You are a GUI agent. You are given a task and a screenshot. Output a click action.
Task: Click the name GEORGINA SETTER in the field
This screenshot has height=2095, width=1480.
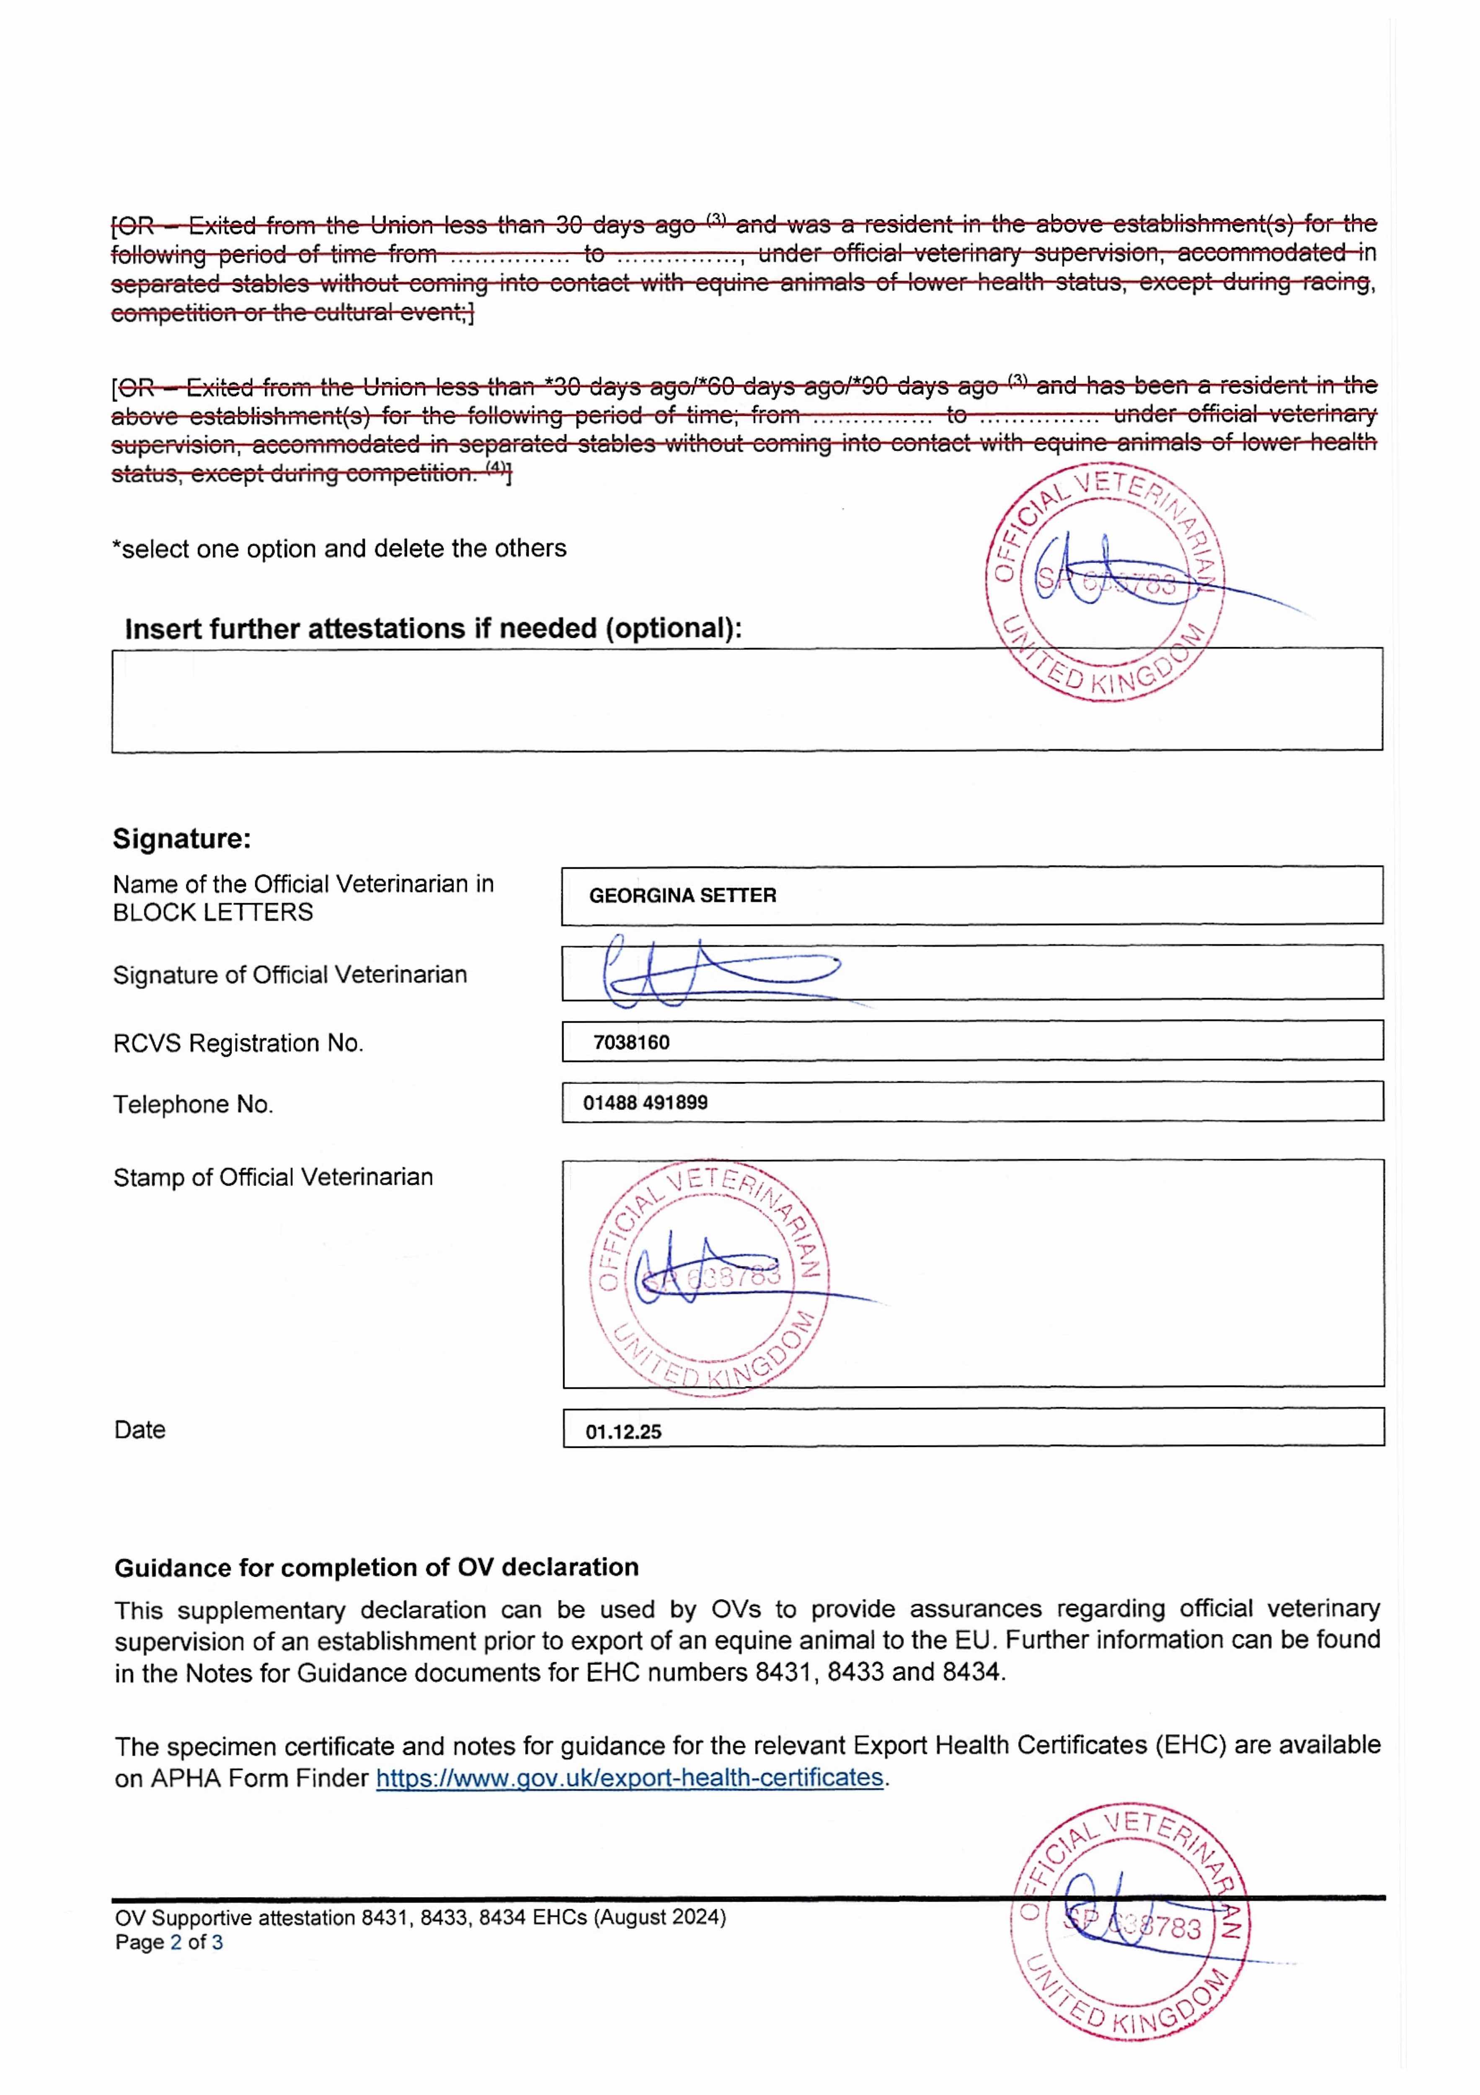[682, 895]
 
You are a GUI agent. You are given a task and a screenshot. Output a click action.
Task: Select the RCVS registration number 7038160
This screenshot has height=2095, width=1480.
[631, 1042]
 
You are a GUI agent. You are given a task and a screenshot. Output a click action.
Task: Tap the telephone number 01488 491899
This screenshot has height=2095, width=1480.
[645, 1102]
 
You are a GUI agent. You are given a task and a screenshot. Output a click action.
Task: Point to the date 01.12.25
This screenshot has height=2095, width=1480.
[623, 1432]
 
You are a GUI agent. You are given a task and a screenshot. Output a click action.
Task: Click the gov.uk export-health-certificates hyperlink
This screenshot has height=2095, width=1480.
[630, 1777]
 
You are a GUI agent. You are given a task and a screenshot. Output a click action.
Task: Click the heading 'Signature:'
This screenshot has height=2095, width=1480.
[181, 838]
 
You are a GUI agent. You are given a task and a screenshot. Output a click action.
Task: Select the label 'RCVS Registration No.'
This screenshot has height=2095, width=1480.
[238, 1043]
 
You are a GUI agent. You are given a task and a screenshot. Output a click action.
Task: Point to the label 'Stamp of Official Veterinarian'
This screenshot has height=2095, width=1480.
[273, 1177]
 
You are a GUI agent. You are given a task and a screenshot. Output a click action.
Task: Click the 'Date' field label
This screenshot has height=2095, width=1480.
[139, 1430]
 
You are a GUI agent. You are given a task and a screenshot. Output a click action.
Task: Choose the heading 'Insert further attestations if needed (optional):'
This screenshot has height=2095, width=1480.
[434, 628]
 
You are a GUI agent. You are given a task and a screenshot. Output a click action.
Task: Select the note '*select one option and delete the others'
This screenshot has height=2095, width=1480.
[338, 548]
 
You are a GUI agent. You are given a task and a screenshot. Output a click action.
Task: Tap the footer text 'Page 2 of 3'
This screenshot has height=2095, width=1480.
[169, 1942]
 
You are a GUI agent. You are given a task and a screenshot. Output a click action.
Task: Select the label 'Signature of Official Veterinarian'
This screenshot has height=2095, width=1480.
[289, 975]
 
